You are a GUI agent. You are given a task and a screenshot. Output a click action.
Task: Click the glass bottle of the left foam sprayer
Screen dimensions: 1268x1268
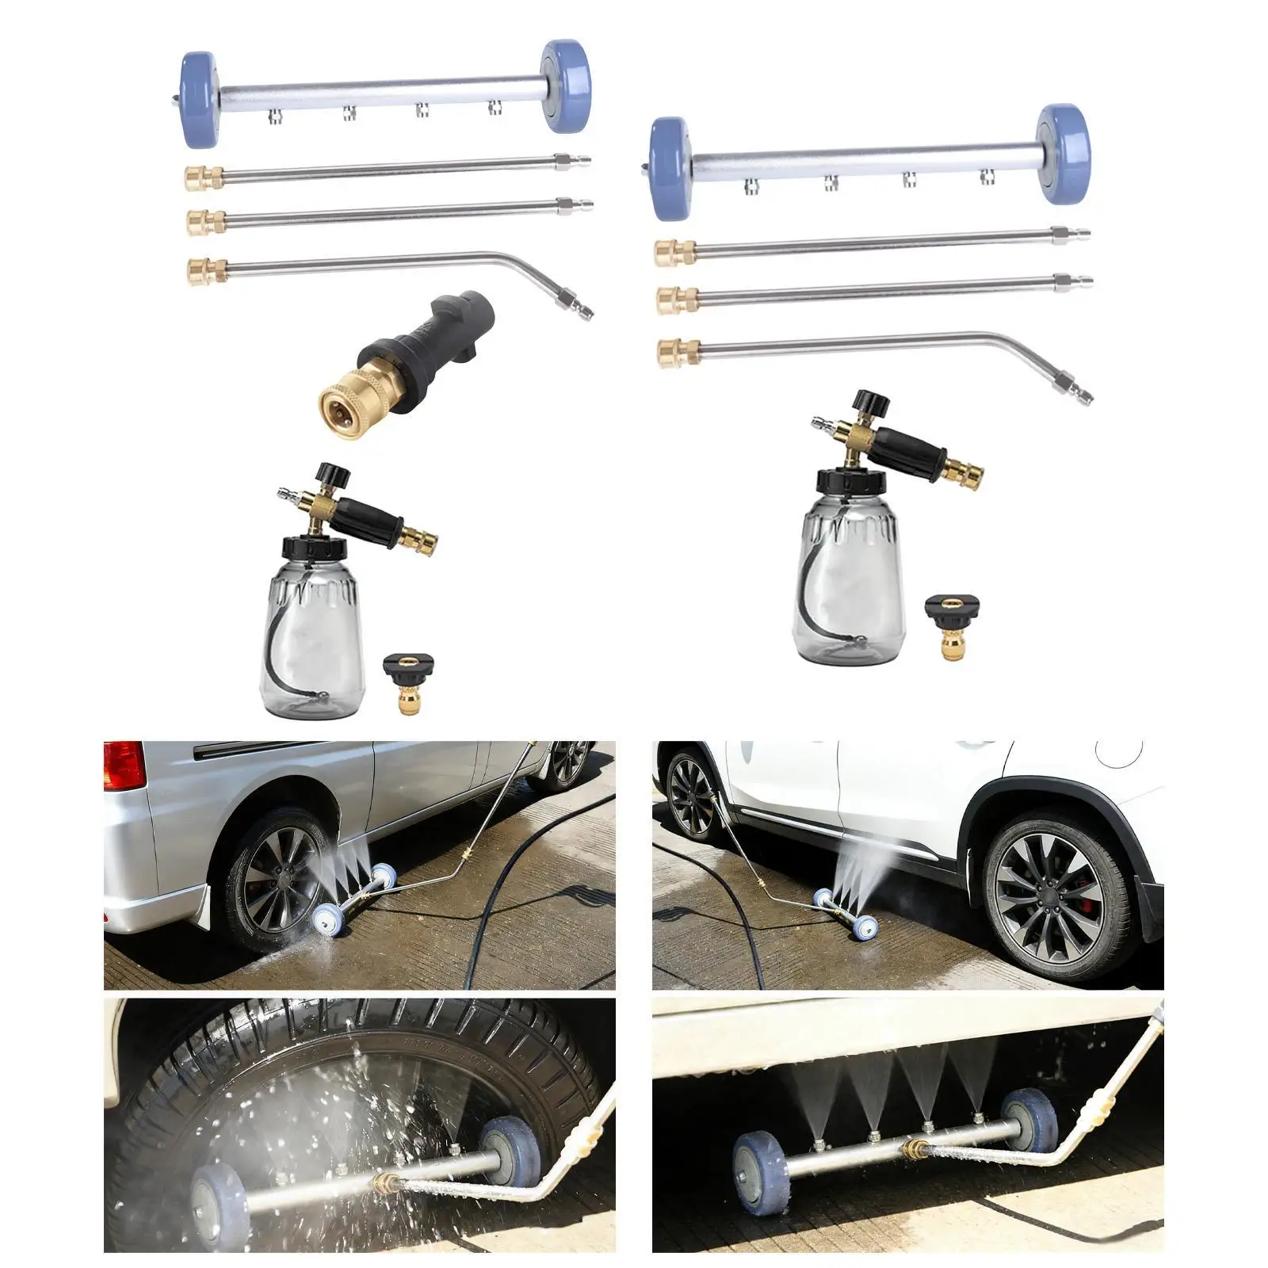(x=312, y=642)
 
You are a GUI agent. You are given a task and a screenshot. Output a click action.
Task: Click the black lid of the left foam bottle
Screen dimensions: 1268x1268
(x=314, y=548)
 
